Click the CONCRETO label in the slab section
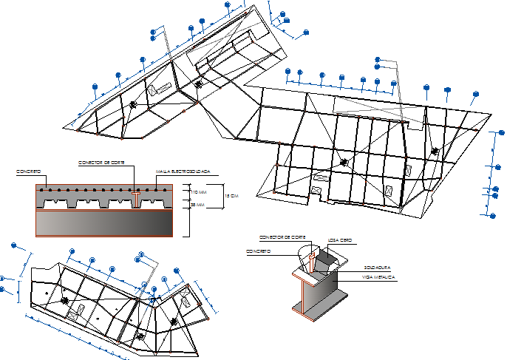[x=27, y=171]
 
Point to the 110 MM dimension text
[x=195, y=191]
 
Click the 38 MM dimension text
[x=195, y=204]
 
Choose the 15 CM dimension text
[x=231, y=196]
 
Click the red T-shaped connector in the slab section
[x=135, y=194]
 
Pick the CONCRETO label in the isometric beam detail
[x=258, y=251]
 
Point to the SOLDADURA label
[x=377, y=267]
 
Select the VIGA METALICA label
[x=378, y=276]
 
